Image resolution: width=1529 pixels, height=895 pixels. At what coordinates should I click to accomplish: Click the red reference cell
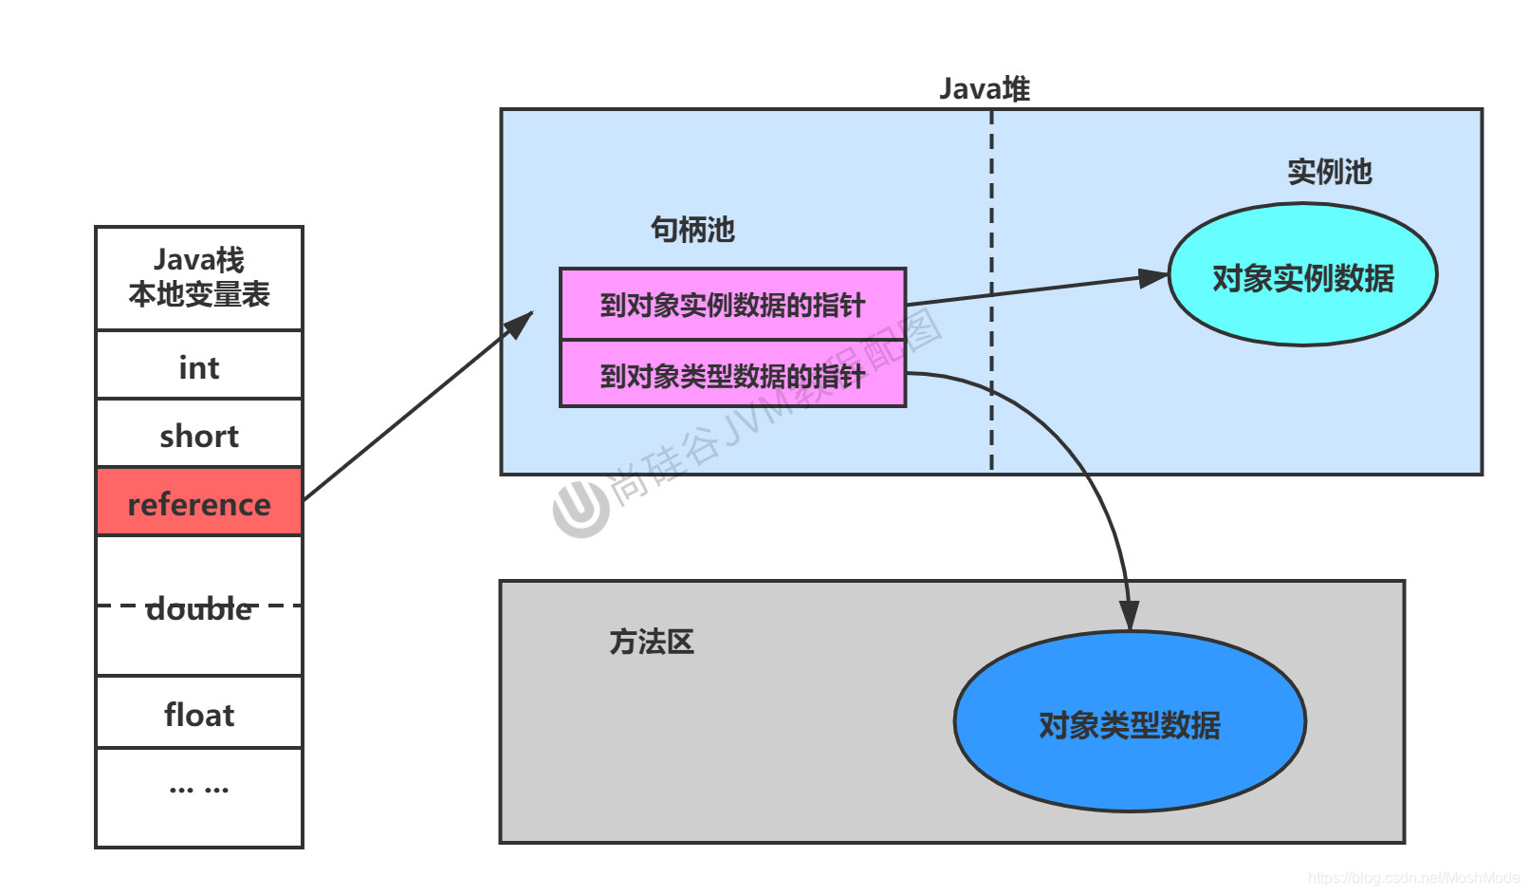point(199,502)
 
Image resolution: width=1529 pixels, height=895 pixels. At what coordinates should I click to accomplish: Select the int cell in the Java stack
point(199,366)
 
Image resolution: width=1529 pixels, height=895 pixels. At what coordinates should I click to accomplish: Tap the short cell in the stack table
point(199,435)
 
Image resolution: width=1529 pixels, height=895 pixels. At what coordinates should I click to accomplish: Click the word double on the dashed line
point(199,608)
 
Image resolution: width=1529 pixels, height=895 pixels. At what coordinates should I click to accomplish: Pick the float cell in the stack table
point(199,714)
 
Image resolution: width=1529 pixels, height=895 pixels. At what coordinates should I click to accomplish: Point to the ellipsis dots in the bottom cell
point(199,789)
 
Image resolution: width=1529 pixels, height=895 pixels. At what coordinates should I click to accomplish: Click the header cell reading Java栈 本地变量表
point(199,277)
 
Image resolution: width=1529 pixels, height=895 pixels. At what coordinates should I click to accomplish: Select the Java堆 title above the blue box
point(984,89)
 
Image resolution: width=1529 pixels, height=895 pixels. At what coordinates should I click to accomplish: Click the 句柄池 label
point(692,229)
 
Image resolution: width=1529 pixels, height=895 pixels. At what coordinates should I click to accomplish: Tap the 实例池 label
point(1329,172)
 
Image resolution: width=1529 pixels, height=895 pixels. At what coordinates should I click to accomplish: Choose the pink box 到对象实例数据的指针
point(732,305)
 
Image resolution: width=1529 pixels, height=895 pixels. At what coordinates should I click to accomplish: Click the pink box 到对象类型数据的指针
point(732,376)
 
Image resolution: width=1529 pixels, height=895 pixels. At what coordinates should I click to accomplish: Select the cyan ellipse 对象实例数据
point(1302,276)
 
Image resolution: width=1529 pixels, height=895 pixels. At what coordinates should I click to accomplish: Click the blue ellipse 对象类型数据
point(1129,723)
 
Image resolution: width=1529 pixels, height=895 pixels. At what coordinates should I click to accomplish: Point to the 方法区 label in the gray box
point(651,642)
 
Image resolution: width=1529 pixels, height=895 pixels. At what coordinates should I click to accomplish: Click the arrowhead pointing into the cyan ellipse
point(1154,278)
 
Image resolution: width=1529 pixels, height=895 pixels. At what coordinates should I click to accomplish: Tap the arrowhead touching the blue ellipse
point(1129,615)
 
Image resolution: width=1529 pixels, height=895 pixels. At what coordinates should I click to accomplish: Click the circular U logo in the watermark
point(580,509)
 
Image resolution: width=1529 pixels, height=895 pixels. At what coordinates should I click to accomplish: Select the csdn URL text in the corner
point(1412,878)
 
